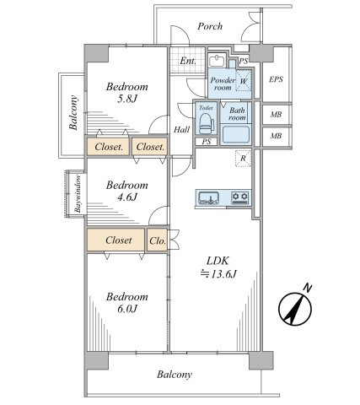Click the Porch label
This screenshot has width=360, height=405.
pyautogui.click(x=210, y=26)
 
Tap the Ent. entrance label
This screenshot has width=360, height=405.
pyautogui.click(x=188, y=61)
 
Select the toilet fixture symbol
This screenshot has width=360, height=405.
pyautogui.click(x=207, y=123)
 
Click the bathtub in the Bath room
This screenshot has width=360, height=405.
pyautogui.click(x=236, y=134)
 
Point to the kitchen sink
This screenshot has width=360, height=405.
pyautogui.click(x=209, y=197)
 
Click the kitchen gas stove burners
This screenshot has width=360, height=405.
pyautogui.click(x=239, y=197)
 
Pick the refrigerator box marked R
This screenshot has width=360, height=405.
pyautogui.click(x=243, y=159)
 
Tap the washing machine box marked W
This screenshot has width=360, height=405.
pyautogui.click(x=244, y=81)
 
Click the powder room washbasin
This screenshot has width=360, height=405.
pyautogui.click(x=217, y=61)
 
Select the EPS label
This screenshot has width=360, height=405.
pyautogui.click(x=276, y=79)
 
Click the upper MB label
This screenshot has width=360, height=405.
pyautogui.click(x=276, y=115)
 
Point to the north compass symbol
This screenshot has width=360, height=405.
pyautogui.click(x=295, y=308)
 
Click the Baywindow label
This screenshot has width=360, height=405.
pyautogui.click(x=78, y=193)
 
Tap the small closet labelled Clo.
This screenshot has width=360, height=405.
pyautogui.click(x=158, y=240)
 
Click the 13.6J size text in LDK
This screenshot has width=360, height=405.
pyautogui.click(x=218, y=273)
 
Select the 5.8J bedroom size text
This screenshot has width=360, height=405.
pyautogui.click(x=127, y=99)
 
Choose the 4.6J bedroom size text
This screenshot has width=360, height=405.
pyautogui.click(x=127, y=197)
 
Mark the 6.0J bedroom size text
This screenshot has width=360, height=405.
pyautogui.click(x=127, y=309)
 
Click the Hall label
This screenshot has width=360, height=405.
pyautogui.click(x=181, y=130)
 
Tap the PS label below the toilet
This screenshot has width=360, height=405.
pyautogui.click(x=207, y=142)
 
